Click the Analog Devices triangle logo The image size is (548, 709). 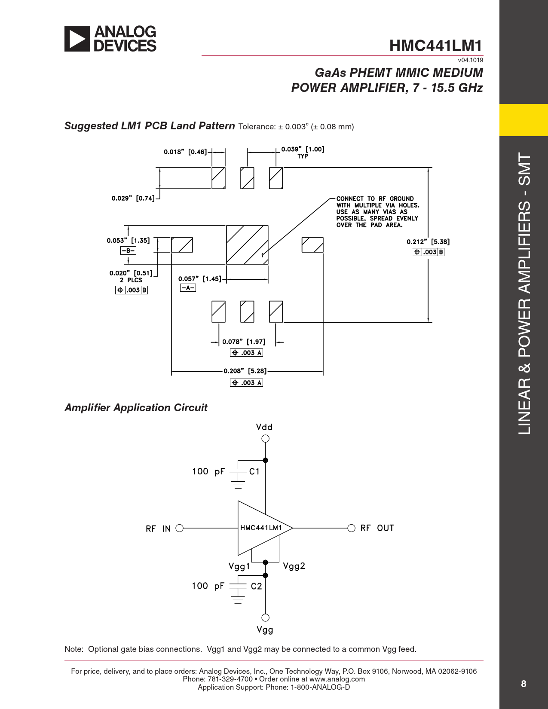[77, 39]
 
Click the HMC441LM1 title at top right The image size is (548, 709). [436, 46]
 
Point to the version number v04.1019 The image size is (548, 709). [470, 60]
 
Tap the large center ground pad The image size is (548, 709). [247, 244]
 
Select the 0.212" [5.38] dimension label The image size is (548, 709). [428, 242]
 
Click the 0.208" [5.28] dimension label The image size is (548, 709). [245, 371]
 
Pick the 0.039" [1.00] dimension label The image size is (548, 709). [303, 149]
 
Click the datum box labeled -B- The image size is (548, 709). [128, 251]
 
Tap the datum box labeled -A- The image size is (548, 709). [188, 288]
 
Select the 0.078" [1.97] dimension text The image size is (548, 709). [244, 342]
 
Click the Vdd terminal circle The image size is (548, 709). [265, 439]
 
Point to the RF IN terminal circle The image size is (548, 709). [180, 528]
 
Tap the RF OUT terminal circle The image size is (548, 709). [351, 528]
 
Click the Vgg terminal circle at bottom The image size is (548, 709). [265, 617]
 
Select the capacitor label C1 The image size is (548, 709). [254, 471]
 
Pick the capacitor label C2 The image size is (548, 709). [256, 586]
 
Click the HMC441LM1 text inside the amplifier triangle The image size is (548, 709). [261, 528]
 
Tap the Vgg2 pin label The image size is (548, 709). [294, 566]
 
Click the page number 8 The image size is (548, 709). [524, 684]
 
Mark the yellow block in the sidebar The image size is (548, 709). [524, 120]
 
